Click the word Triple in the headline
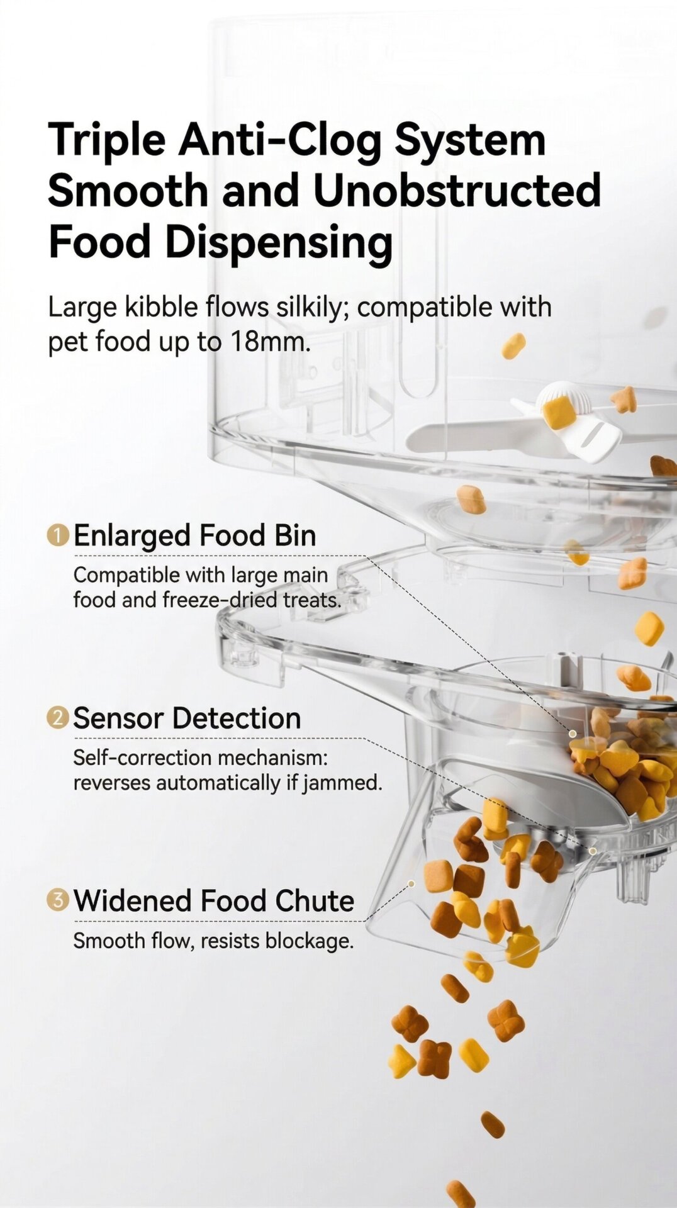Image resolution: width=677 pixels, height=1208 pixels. point(106,140)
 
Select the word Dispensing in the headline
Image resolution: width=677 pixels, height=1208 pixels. point(279,243)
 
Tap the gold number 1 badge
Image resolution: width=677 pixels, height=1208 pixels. point(58,535)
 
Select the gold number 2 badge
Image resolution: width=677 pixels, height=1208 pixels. point(58,718)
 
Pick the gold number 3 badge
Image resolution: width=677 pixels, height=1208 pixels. point(58,900)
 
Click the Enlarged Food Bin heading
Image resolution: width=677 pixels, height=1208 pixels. point(194,535)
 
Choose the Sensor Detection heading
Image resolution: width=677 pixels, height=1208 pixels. point(187,718)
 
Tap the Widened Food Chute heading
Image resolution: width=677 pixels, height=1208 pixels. point(213,900)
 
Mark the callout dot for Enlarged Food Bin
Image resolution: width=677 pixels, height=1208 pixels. point(573,734)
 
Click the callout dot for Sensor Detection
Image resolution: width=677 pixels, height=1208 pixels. point(593,851)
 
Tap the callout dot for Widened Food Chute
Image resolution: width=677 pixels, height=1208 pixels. point(411,884)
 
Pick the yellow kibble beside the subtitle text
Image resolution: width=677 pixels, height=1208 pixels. point(513,346)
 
